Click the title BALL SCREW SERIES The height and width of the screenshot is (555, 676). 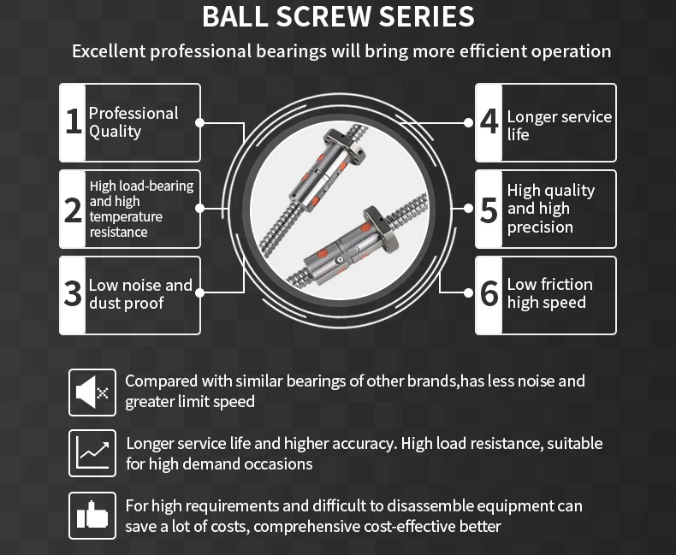338,16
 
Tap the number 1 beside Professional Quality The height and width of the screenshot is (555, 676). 74,122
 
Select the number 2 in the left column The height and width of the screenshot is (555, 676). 74,209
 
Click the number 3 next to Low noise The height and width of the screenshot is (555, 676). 74,294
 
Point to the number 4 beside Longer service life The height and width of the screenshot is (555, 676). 489,122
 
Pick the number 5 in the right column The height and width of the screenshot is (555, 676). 489,209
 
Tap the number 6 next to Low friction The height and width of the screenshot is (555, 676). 489,294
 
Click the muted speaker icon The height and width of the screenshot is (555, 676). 92,393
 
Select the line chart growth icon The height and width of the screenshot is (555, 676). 92,452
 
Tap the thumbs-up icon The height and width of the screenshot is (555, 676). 92,515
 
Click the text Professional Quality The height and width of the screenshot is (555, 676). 133,122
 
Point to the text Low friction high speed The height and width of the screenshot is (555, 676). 549,293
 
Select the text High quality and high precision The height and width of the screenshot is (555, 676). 550,209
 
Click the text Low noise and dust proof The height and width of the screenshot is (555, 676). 140,294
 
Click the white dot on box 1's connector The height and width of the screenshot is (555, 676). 199,122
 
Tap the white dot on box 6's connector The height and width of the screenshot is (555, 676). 468,292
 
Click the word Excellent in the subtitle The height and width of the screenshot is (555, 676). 108,51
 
